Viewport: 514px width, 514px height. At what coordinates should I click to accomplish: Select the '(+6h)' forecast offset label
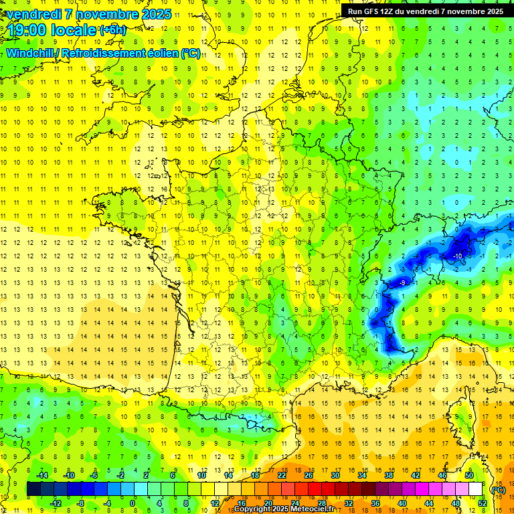tap(112, 30)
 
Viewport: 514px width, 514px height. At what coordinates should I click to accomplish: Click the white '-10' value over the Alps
tap(457, 256)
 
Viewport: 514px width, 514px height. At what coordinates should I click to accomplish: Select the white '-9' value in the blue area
tap(402, 283)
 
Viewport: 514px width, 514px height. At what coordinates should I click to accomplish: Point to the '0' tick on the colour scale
tap(133, 503)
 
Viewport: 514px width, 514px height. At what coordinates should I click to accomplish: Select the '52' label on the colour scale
tap(482, 503)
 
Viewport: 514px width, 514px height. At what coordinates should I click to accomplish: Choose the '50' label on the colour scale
tap(468, 475)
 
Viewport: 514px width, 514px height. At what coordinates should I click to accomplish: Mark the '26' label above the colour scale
tap(308, 475)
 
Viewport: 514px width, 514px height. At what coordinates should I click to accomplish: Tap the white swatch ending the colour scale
tap(475, 489)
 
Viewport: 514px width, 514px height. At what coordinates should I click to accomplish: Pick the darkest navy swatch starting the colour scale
tap(33, 489)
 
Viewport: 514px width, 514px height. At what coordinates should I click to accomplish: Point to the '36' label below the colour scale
tap(375, 503)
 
